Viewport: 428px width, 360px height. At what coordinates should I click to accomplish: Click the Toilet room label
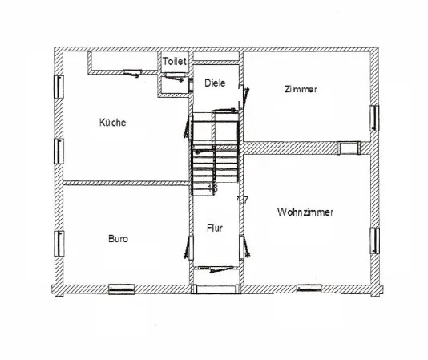[175, 61]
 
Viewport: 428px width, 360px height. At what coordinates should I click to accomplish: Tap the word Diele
[215, 83]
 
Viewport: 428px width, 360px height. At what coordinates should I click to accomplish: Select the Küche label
[113, 123]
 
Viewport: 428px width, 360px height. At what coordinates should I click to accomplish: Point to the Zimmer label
[301, 89]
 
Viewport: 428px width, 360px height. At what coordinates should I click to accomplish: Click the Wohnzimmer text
[305, 212]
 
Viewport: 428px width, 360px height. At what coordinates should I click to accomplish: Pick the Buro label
[118, 239]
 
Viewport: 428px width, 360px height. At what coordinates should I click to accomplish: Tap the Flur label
[215, 228]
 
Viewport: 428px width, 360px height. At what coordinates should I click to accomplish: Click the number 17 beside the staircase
[243, 200]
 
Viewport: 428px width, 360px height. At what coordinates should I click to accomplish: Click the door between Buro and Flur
[189, 248]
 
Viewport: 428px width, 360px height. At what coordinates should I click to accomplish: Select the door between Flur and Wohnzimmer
[244, 247]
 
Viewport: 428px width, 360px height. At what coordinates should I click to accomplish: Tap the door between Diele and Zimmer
[244, 98]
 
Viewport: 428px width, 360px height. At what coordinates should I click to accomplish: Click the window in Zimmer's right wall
[374, 118]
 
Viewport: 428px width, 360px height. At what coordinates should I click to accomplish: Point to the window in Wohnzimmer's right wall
[374, 241]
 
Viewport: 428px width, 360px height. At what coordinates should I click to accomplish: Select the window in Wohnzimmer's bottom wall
[309, 289]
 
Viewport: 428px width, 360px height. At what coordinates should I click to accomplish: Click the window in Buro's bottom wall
[122, 289]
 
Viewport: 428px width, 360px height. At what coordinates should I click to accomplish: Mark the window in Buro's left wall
[59, 244]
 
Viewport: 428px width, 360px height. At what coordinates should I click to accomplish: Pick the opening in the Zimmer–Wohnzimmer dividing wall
[349, 148]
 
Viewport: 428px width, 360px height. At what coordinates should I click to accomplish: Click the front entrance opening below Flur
[216, 289]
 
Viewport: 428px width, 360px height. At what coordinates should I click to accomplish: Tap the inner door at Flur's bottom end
[216, 269]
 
